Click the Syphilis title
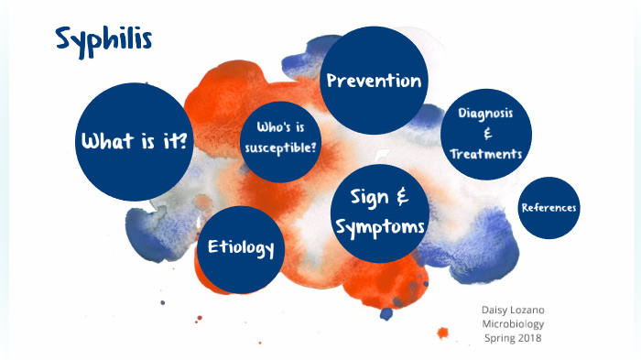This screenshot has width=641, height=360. pos(103,38)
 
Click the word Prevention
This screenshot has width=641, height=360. pos(374,81)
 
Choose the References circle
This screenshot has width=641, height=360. pos(549,207)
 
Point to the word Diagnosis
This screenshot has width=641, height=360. pos(485,113)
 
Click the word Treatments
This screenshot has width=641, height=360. pos(485,154)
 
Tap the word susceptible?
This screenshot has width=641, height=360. pos(281,147)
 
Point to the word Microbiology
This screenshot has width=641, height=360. pos(513,323)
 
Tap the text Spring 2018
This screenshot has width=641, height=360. pos(513,338)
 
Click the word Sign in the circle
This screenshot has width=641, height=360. pos(364,196)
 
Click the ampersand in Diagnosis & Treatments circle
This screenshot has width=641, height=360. pos(486,134)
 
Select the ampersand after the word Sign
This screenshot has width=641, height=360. pos(401,196)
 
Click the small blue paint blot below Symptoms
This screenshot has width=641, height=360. pos(386,313)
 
